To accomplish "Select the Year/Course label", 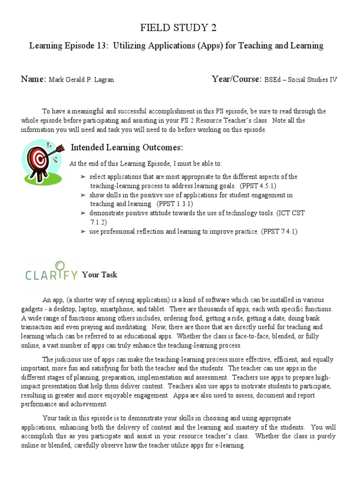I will [236, 79].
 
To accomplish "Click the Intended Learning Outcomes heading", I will [126, 148].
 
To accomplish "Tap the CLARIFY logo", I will [51, 272].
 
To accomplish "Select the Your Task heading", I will [99, 275].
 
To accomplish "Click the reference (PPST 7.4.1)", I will [279, 232].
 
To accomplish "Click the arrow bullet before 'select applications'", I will [83, 177].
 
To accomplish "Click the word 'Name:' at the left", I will [33, 79].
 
